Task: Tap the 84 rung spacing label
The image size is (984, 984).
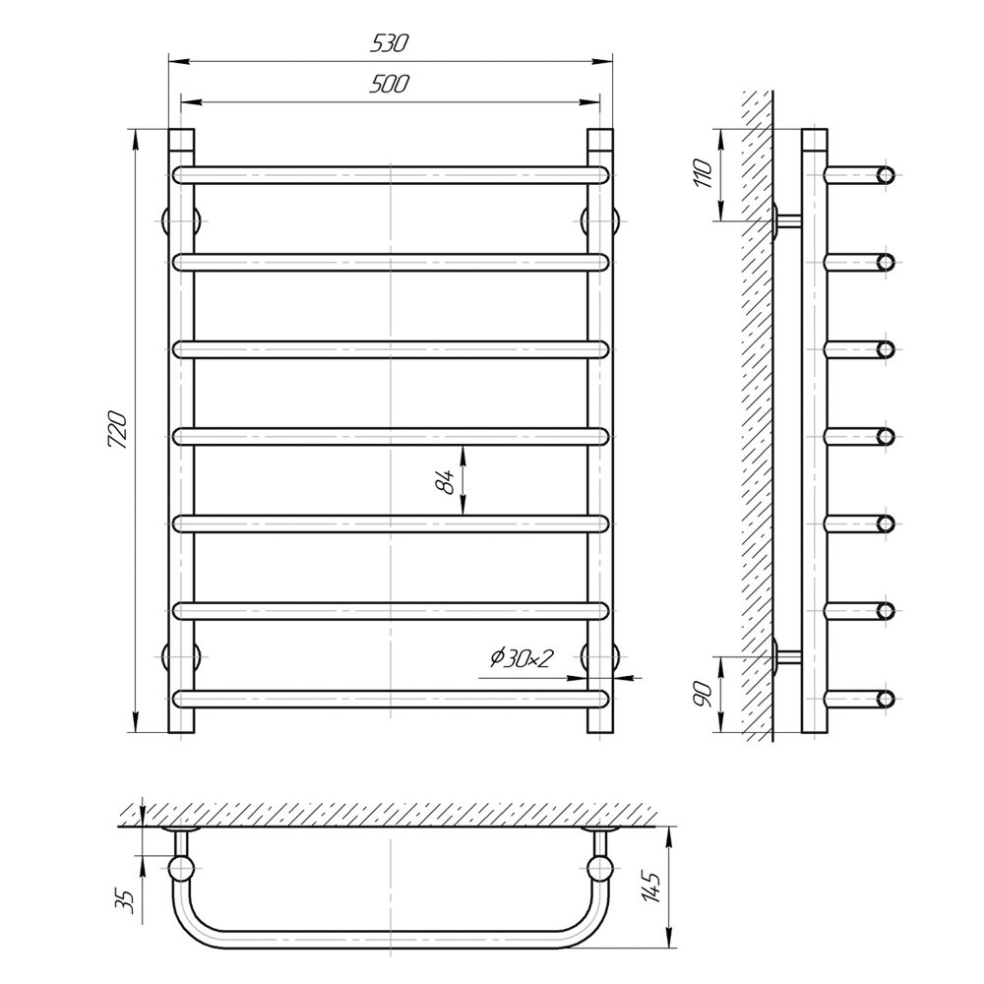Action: (x=445, y=481)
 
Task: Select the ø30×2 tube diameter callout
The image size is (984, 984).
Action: (x=521, y=658)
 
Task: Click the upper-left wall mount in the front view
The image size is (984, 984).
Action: (x=181, y=220)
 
